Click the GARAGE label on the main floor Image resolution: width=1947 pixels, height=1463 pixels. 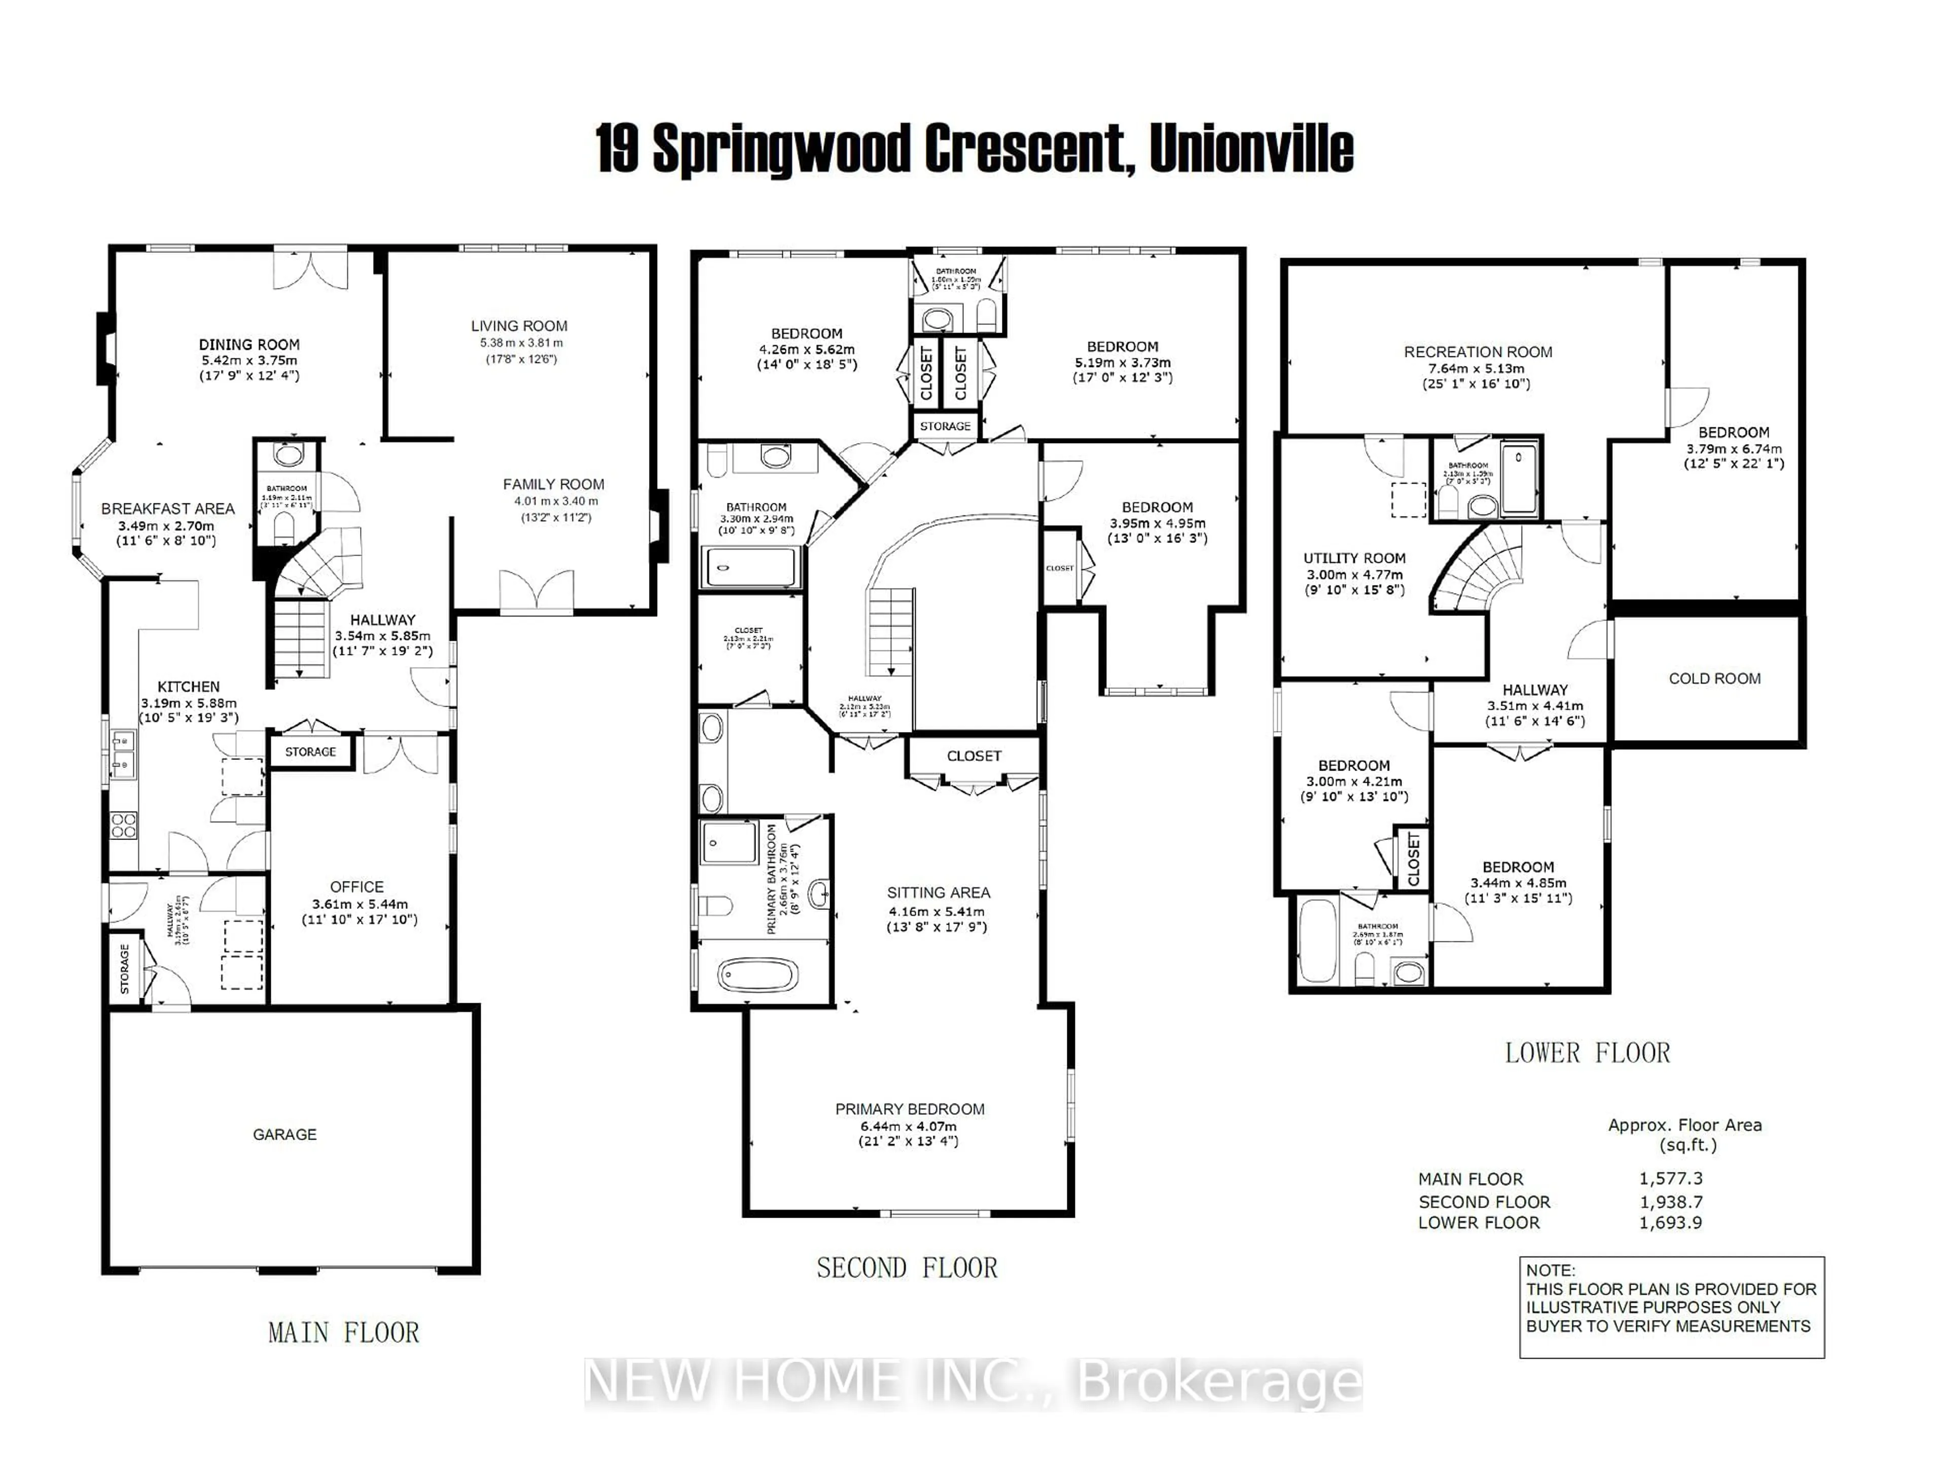tap(284, 1135)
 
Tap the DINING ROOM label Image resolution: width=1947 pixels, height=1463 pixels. tap(249, 344)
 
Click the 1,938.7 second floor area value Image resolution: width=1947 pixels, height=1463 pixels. tap(1670, 1201)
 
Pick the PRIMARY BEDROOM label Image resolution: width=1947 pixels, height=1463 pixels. tap(909, 1109)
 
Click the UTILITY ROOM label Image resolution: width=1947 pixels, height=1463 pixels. tap(1354, 558)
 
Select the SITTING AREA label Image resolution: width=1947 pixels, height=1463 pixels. tap(939, 893)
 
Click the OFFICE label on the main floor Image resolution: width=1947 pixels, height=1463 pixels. tap(356, 887)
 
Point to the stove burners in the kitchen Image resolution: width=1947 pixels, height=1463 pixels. tap(123, 825)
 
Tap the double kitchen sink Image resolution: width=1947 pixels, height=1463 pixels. tap(122, 753)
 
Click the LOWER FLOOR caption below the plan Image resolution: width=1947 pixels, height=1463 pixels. tap(1587, 1053)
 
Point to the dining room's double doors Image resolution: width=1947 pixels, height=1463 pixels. tap(310, 270)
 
